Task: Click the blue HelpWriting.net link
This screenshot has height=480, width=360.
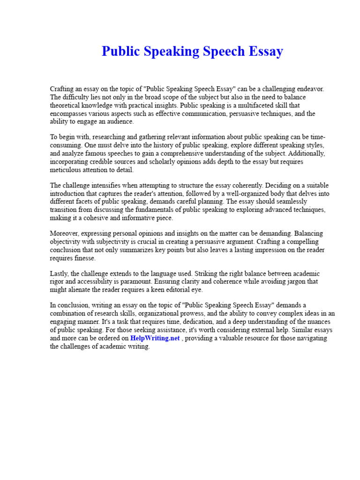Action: (x=155, y=338)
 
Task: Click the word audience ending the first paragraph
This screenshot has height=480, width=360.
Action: (x=120, y=122)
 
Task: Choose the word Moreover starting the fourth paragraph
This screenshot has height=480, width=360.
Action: (x=63, y=233)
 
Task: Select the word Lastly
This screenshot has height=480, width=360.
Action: (x=59, y=273)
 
